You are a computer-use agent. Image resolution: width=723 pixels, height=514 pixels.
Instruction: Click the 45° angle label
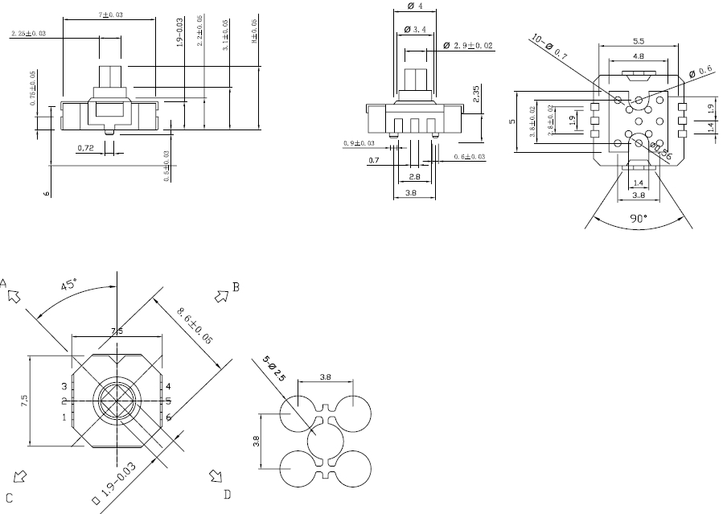pos(69,285)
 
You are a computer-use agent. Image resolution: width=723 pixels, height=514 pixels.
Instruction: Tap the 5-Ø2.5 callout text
pos(274,369)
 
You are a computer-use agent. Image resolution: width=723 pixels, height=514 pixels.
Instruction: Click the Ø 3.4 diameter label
pos(418,29)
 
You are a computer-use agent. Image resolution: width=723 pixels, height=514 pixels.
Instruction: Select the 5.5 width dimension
pos(639,40)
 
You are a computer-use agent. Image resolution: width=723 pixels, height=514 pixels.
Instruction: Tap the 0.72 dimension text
pos(86,148)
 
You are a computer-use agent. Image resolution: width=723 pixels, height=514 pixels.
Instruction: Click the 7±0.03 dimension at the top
pos(110,15)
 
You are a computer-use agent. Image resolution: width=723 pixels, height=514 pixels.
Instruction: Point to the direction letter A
pos(4,283)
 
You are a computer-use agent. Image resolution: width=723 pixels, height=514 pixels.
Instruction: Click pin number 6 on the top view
pos(169,417)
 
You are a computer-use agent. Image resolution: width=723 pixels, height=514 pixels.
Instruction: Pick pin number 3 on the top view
pos(64,387)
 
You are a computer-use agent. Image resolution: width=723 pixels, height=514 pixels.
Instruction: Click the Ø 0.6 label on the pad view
pos(702,71)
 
